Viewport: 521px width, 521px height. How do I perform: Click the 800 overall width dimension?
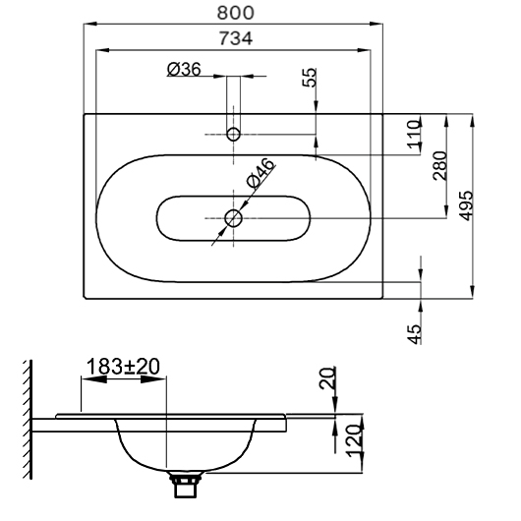click(235, 13)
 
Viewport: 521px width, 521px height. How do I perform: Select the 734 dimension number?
click(236, 38)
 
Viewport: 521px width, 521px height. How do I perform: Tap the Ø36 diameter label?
click(184, 70)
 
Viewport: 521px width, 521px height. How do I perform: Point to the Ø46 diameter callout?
click(260, 173)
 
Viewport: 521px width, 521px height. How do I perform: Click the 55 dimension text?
click(310, 78)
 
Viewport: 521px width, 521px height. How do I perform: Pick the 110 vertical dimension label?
click(414, 135)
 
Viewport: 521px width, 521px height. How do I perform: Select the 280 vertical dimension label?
click(440, 166)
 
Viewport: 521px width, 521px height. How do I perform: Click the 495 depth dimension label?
click(465, 205)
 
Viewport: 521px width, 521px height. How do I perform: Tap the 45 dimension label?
click(414, 334)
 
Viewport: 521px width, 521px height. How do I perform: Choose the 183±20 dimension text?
click(123, 367)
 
